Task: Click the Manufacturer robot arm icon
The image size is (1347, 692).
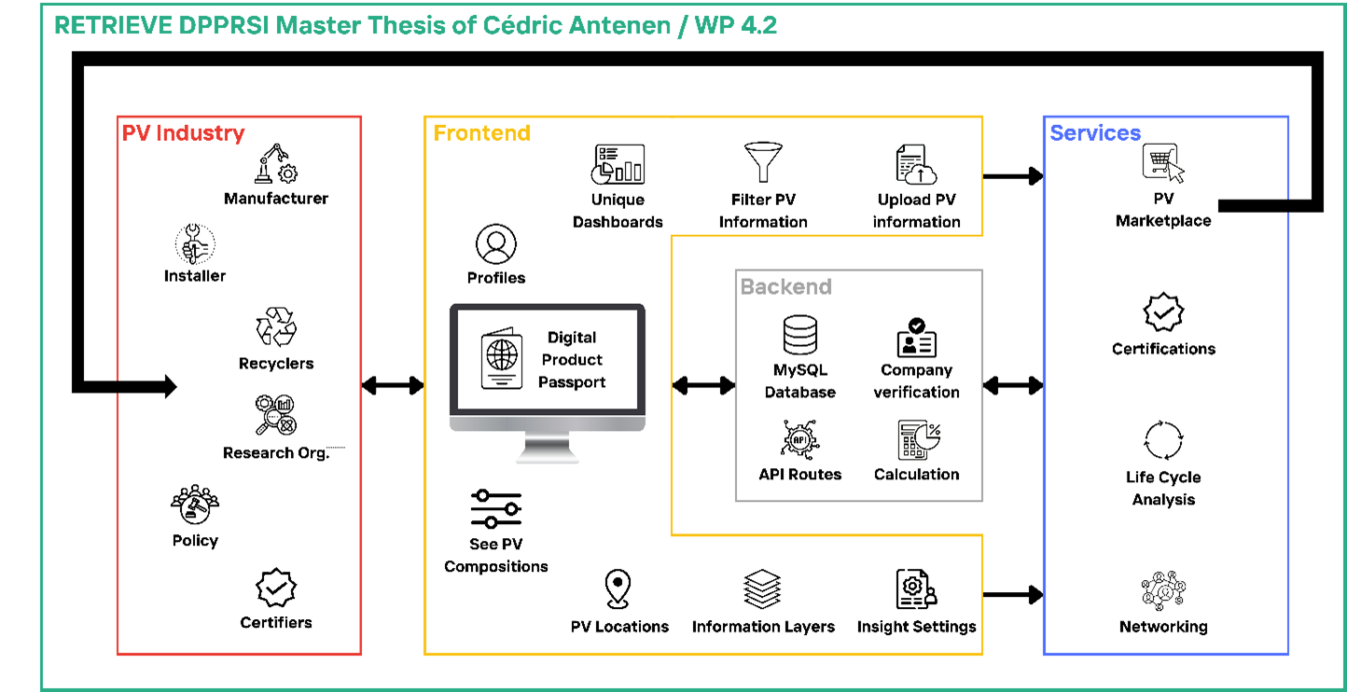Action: pos(276,164)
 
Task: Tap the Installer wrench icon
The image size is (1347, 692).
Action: pos(194,244)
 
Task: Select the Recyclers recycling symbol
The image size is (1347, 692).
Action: pos(276,328)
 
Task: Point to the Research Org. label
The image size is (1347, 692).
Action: pos(276,453)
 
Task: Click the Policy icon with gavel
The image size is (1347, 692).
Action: pos(195,505)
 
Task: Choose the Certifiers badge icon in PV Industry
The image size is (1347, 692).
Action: pos(276,588)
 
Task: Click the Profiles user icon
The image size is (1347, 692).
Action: pos(495,245)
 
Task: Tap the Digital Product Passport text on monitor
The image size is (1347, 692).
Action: pos(572,360)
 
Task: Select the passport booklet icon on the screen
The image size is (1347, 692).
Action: pos(503,359)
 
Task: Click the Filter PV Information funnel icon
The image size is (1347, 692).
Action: pos(763,164)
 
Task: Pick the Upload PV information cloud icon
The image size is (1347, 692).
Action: pos(916,164)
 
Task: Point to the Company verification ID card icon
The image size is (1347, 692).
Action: pos(916,338)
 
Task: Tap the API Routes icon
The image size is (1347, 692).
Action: pos(799,439)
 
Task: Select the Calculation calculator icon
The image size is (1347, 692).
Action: pos(918,439)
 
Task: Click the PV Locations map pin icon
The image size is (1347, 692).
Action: pos(618,589)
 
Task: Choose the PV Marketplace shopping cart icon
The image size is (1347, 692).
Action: pos(1162,163)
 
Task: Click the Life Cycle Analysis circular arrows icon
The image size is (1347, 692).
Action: pos(1163,440)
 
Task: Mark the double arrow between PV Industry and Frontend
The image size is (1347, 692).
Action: pos(392,385)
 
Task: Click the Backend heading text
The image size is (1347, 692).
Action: pos(785,286)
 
